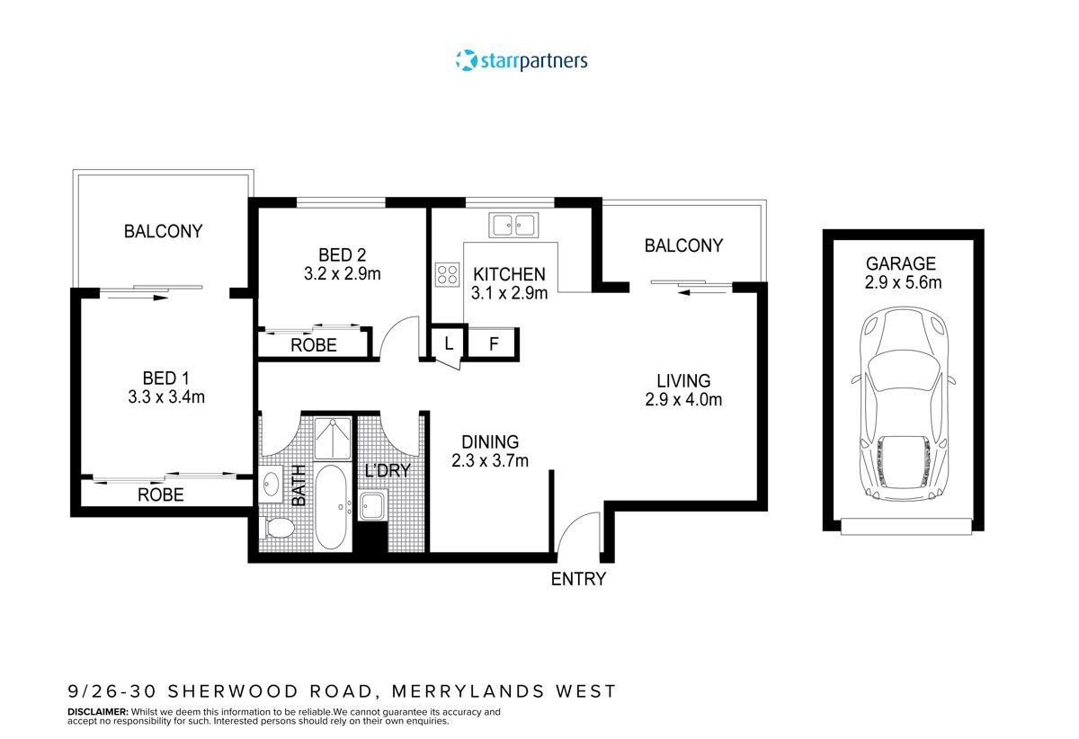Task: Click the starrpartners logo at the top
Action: (x=522, y=61)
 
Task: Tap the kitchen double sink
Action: (x=513, y=224)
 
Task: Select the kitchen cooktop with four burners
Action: (x=447, y=273)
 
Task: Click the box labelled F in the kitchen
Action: (x=494, y=343)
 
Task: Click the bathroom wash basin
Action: (x=272, y=486)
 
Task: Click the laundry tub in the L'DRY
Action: (x=372, y=505)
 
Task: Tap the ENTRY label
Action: (x=578, y=579)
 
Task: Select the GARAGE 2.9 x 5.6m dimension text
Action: (x=901, y=282)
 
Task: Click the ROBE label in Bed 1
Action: (x=161, y=494)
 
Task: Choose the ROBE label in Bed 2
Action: (x=313, y=345)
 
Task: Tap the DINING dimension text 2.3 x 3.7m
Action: (x=490, y=461)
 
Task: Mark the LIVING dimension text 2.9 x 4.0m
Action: (x=683, y=400)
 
